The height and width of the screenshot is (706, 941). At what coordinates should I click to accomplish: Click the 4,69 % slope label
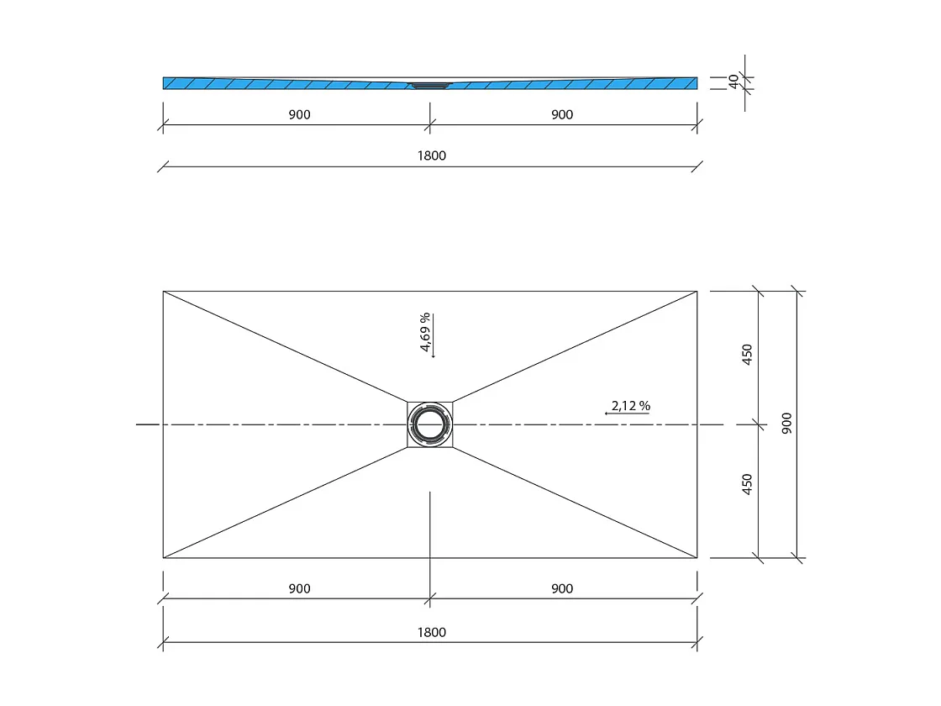point(426,333)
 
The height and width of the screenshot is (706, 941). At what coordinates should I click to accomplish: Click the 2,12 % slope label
point(631,405)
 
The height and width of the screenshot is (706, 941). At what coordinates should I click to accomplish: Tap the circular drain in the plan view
point(430,424)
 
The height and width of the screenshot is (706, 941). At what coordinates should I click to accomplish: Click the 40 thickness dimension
point(733,82)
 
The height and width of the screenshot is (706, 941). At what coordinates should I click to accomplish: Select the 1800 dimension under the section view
point(431,155)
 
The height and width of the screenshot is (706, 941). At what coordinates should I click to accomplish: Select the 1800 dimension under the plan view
point(431,632)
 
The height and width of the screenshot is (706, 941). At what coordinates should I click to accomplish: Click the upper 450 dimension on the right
point(748,355)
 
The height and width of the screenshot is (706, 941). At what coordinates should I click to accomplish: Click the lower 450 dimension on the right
point(748,485)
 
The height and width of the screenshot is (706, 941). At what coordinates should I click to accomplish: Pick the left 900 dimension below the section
point(299,115)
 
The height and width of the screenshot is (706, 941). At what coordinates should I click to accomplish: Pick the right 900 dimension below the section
point(562,115)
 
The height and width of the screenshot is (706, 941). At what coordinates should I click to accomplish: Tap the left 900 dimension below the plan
point(299,588)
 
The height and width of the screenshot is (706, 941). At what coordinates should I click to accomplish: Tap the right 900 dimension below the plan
point(562,588)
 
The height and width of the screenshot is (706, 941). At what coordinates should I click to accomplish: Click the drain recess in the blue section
point(430,84)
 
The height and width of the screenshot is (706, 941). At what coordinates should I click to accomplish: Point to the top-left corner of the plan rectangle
point(163,292)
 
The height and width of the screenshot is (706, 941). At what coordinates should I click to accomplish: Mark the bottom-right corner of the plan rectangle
point(697,557)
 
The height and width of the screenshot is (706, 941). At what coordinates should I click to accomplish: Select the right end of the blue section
point(694,82)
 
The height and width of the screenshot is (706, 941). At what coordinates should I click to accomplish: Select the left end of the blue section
point(166,82)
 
